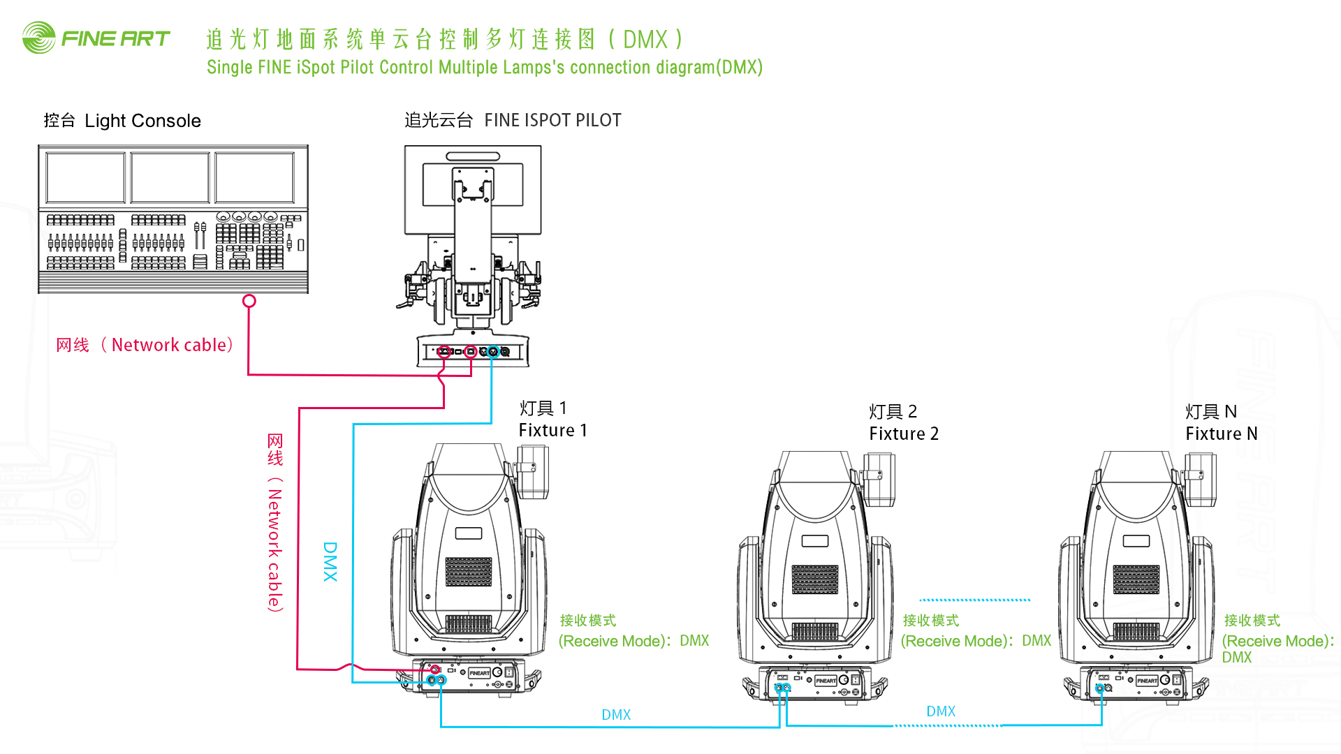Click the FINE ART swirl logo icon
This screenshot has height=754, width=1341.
38,38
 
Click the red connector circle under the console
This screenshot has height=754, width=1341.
249,301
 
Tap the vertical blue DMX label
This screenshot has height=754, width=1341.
330,561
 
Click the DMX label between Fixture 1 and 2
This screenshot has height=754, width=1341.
616,715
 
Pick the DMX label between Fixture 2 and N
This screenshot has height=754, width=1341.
941,711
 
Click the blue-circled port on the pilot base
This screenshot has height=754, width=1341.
493,352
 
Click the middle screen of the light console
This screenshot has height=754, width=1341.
170,178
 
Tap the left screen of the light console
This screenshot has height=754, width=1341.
85,178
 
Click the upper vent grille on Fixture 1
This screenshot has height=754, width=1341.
469,572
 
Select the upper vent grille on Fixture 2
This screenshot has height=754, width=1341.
815,579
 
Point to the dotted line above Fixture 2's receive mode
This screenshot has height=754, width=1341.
975,600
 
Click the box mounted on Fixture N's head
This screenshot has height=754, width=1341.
1201,479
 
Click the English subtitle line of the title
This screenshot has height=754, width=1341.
484,68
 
